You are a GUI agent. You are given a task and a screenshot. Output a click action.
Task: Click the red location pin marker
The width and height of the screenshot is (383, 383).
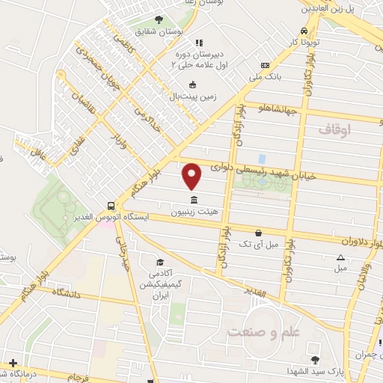click(193, 176)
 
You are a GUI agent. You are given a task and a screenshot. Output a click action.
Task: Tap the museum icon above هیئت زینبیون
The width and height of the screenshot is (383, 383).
click(194, 199)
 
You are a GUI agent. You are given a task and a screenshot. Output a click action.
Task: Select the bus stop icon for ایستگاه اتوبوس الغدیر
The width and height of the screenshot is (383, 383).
click(111, 205)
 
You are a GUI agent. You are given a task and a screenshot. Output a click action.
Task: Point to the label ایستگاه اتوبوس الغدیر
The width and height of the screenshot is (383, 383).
click(113, 217)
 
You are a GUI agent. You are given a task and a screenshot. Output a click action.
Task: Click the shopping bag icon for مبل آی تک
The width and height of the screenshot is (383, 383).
click(259, 232)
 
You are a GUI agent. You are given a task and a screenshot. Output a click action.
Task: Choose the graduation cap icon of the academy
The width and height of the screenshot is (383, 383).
click(159, 262)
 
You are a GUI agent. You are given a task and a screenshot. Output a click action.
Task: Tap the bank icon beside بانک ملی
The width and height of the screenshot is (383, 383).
click(264, 66)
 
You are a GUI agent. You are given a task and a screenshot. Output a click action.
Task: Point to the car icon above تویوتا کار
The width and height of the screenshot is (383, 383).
click(304, 30)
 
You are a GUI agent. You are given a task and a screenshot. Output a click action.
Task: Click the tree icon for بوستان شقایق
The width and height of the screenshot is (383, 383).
click(158, 19)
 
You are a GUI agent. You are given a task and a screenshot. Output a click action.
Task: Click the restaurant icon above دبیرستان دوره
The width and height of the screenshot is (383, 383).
click(198, 43)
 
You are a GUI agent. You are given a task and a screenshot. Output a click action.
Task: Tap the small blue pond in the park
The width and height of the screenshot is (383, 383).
click(262, 159)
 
